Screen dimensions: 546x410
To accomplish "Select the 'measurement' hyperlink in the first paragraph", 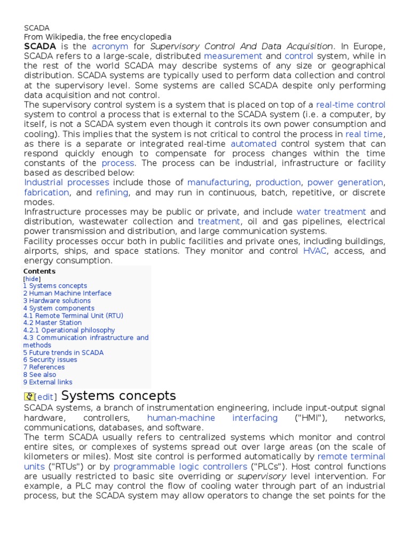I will (233, 56).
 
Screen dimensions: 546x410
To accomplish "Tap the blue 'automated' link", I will (254, 144).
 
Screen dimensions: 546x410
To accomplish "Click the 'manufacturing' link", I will (218, 182).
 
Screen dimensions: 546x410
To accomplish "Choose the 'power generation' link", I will (345, 182).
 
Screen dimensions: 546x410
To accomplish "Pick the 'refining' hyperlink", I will (112, 192).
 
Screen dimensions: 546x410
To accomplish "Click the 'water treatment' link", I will (331, 212).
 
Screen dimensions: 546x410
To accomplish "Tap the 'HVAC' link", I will (314, 251).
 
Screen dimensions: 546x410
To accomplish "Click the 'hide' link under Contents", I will (32, 279).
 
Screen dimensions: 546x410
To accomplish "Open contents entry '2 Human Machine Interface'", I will (67, 293).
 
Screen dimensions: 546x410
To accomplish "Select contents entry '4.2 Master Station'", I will (52, 323).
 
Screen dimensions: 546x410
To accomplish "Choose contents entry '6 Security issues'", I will (50, 360).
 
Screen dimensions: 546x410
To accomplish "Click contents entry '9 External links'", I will (48, 382).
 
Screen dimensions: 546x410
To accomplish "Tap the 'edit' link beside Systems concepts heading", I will (46, 397).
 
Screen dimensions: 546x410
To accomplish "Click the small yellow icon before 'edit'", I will (29, 397).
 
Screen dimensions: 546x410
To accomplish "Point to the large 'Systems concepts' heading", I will (119, 396).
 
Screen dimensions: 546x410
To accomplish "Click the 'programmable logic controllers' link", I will (180, 467).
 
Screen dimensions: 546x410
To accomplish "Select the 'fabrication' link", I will (46, 192).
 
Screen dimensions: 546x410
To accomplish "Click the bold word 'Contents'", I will (39, 271).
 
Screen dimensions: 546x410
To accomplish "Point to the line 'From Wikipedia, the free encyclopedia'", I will (98, 37).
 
